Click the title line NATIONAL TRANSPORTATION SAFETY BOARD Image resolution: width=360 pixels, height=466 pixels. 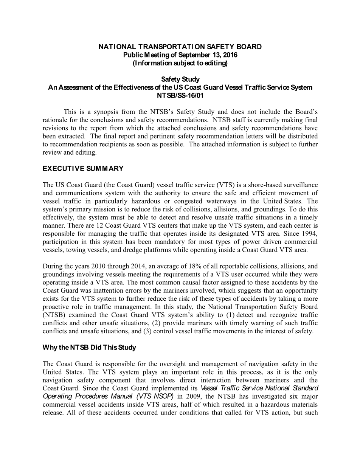tap(180, 47)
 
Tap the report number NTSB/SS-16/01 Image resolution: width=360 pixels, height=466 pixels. tap(180, 96)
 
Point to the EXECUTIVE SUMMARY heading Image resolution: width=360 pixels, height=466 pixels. tap(83, 168)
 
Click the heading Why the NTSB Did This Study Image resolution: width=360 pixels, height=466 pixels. tap(89, 347)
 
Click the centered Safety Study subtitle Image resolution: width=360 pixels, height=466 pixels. tap(180, 79)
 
